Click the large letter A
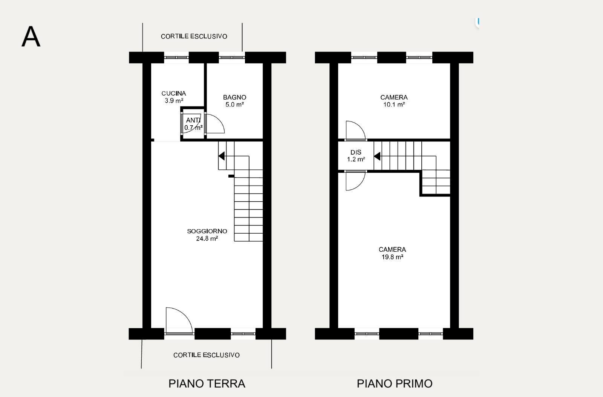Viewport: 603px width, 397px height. pyautogui.click(x=31, y=37)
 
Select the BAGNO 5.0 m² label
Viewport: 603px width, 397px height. pyautogui.click(x=234, y=101)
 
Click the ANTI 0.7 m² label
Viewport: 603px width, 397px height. pyautogui.click(x=193, y=123)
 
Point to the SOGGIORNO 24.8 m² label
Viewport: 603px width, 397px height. pyautogui.click(x=207, y=234)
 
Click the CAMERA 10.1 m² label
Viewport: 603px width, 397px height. pyautogui.click(x=394, y=101)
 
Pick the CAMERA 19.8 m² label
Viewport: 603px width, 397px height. pyautogui.click(x=392, y=253)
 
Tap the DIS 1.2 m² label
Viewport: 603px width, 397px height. pyautogui.click(x=356, y=156)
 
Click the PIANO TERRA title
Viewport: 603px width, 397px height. pyautogui.click(x=207, y=383)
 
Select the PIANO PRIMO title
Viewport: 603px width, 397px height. pyautogui.click(x=395, y=383)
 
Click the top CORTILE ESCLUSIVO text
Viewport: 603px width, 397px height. pyautogui.click(x=194, y=37)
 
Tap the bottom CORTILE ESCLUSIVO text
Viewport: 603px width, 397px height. pyautogui.click(x=206, y=355)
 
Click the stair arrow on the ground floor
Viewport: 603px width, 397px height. pyautogui.click(x=222, y=156)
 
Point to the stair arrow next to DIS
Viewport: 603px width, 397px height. pyautogui.click(x=377, y=156)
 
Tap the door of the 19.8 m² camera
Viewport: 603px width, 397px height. pyautogui.click(x=355, y=181)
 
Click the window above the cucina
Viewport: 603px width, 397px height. pyautogui.click(x=176, y=58)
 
